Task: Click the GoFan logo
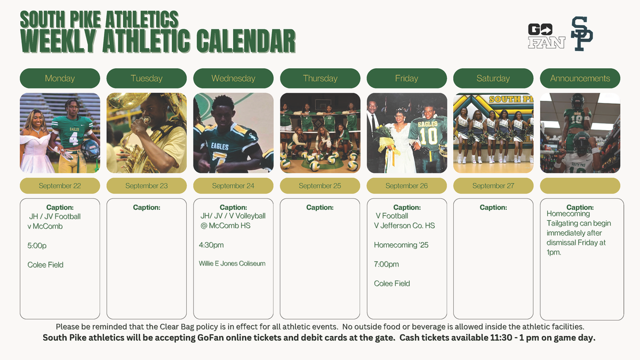[546, 36]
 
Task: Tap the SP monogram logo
[582, 34]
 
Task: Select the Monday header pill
[60, 78]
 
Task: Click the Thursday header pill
[320, 78]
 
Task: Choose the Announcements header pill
[580, 78]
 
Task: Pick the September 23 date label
[147, 186]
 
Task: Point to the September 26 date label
[406, 186]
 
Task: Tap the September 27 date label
[493, 186]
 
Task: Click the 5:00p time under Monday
[37, 246]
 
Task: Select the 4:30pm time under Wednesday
[211, 245]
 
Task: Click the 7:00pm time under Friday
[386, 265]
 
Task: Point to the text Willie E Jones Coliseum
[232, 263]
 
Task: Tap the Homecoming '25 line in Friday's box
[401, 245]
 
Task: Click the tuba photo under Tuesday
[147, 133]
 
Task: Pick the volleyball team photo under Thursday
[320, 133]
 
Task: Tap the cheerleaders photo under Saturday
[493, 133]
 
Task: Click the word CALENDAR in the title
[246, 41]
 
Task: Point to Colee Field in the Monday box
[45, 265]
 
